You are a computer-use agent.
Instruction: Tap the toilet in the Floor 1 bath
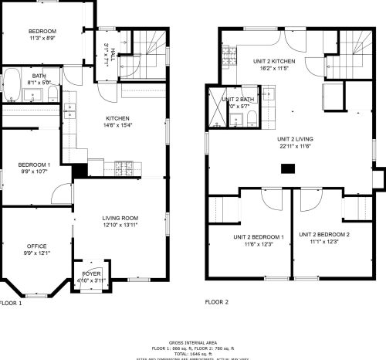click(51, 93)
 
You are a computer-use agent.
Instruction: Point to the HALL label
click(113, 53)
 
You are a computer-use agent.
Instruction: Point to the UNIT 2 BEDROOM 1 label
click(249, 236)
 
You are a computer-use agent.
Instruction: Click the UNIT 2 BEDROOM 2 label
click(324, 234)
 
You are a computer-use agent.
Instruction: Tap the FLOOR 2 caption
click(217, 303)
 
